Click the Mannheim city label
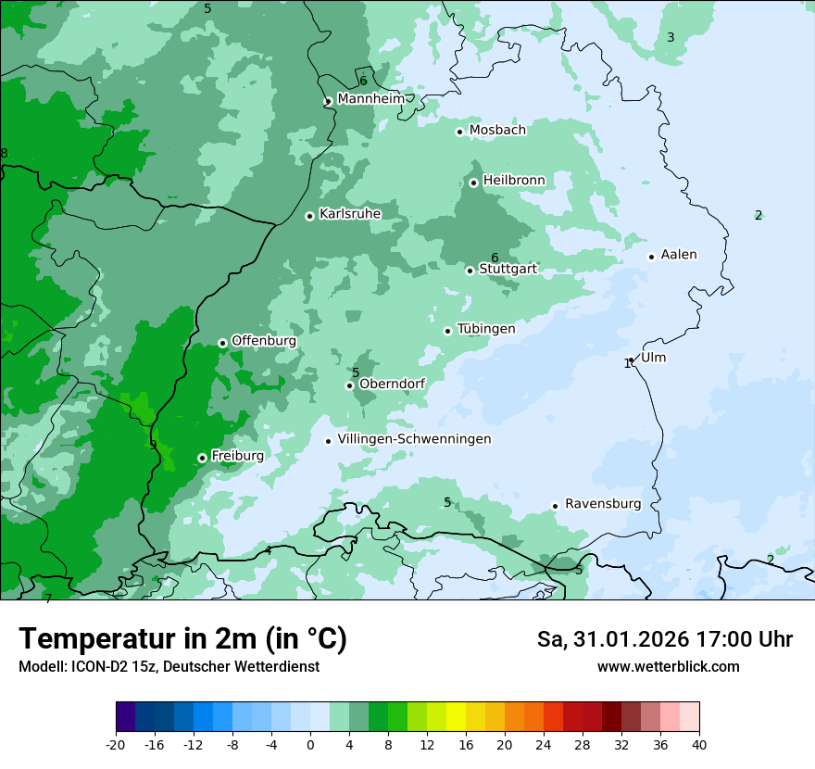click(x=371, y=98)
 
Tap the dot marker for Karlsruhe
click(x=310, y=216)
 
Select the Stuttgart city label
click(x=508, y=270)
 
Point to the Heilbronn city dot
click(x=473, y=183)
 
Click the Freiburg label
click(x=237, y=456)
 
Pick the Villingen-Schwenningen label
click(x=414, y=439)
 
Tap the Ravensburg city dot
click(x=555, y=506)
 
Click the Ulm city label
click(x=653, y=358)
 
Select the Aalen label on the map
click(x=679, y=255)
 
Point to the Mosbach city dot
click(x=459, y=132)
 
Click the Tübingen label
click(x=486, y=329)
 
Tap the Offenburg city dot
click(x=222, y=343)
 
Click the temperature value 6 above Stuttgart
click(x=495, y=258)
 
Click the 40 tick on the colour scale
click(x=699, y=744)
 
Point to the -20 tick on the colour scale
click(x=116, y=744)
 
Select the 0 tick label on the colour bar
click(x=310, y=744)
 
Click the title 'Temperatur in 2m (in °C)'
click(x=182, y=639)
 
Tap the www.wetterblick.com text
click(x=668, y=667)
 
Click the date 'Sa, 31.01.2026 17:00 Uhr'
click(x=664, y=639)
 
